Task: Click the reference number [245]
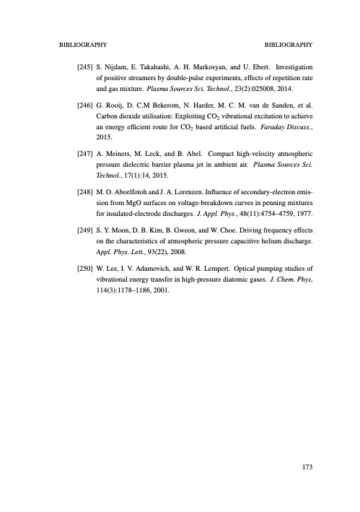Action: point(84,66)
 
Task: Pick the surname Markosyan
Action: point(218,66)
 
